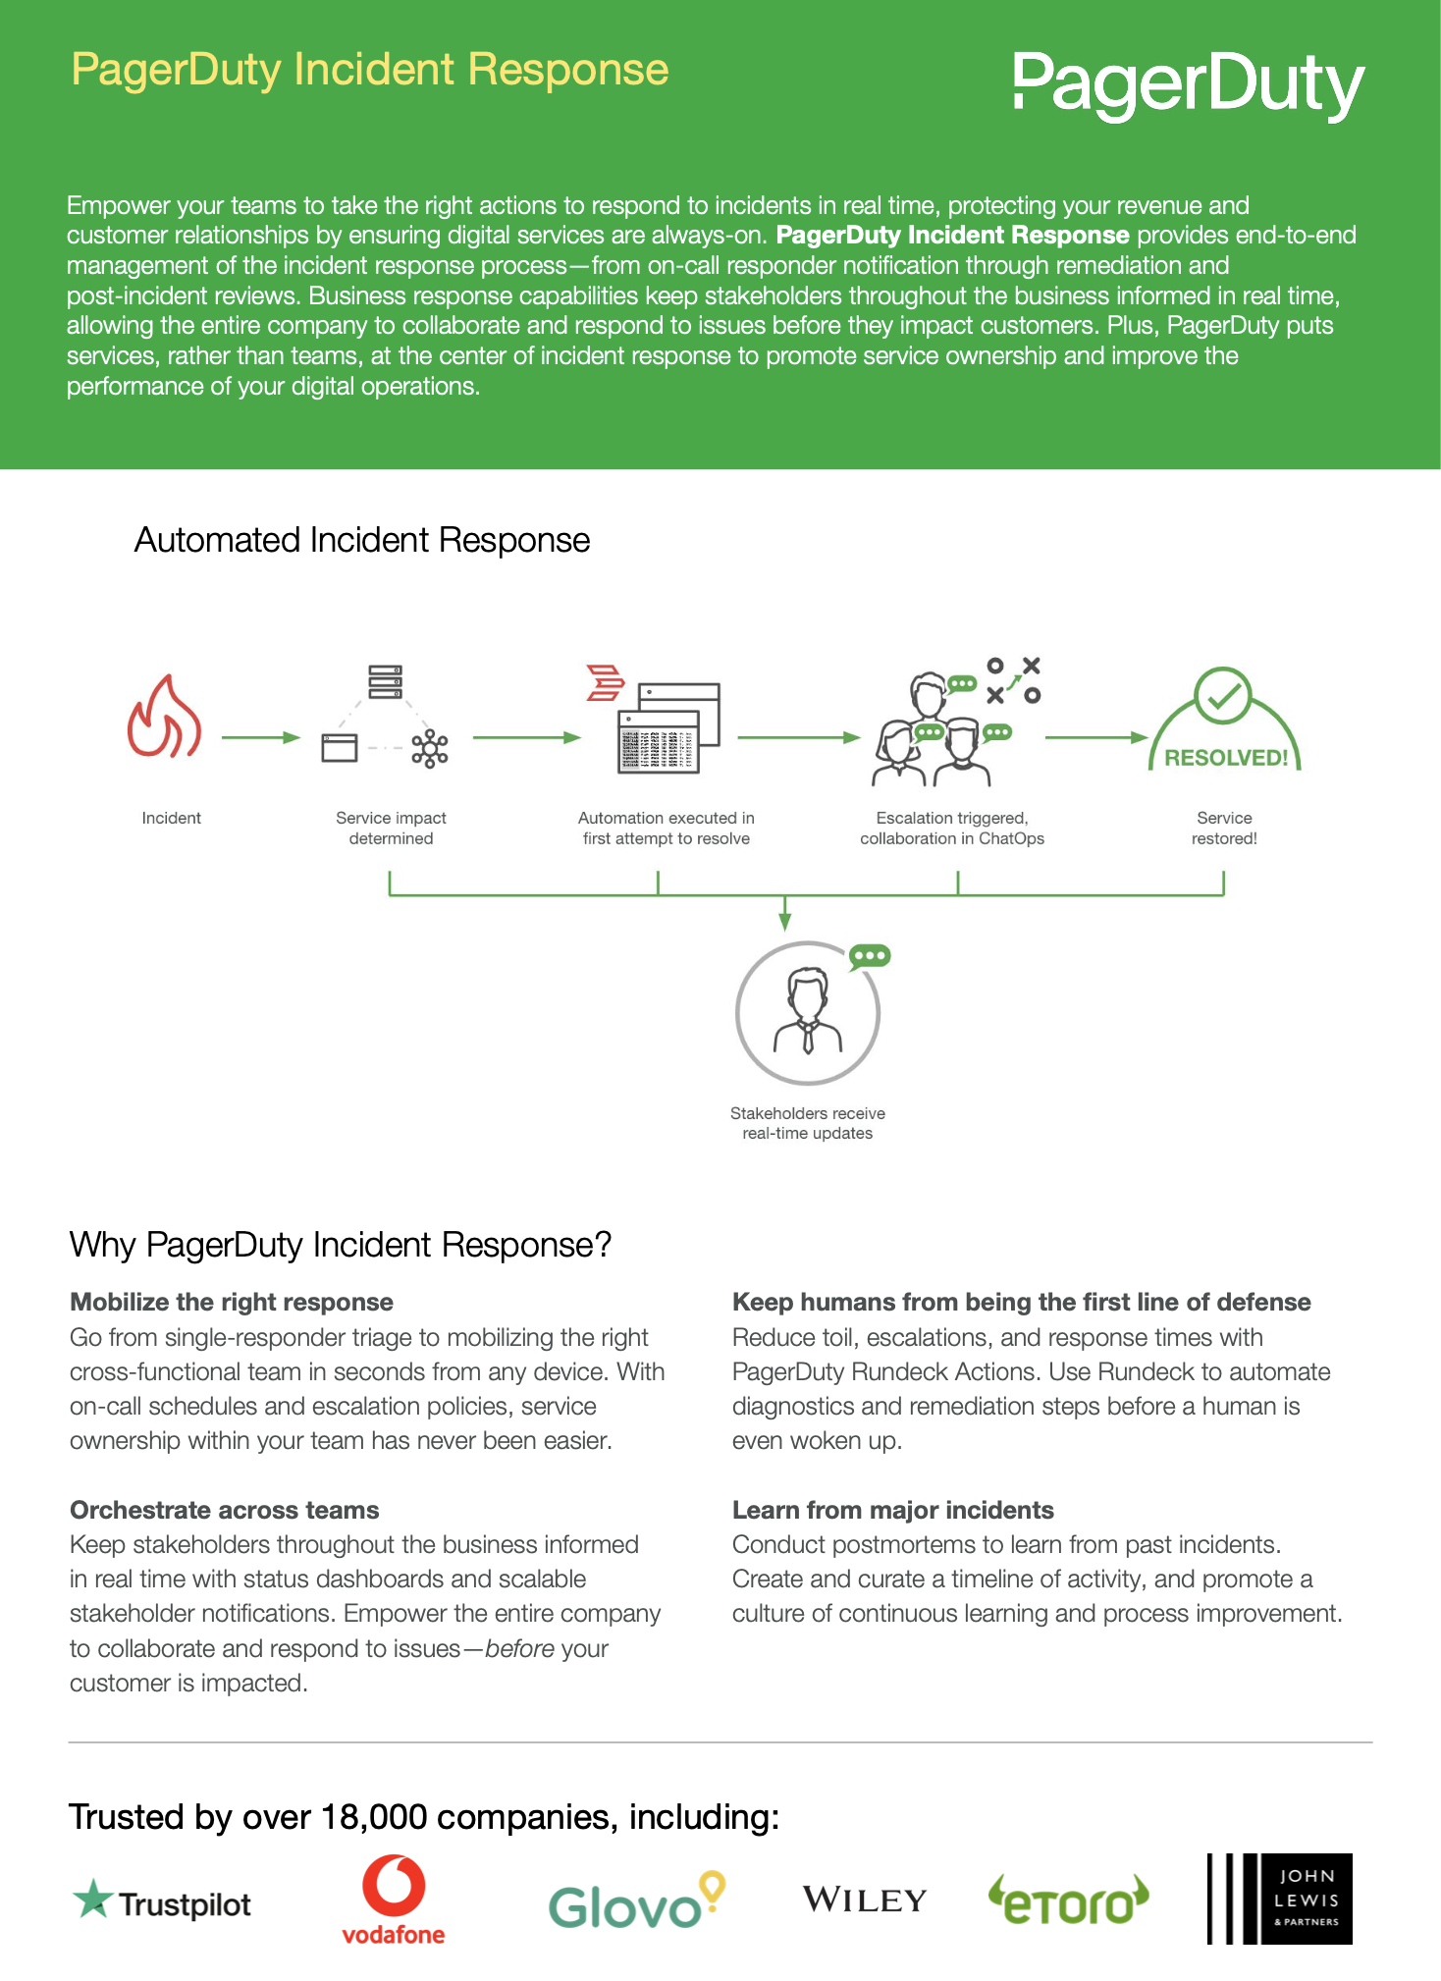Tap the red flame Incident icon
pyautogui.click(x=164, y=716)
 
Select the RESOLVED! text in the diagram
pyautogui.click(x=1226, y=758)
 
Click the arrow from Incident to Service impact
pyautogui.click(x=260, y=737)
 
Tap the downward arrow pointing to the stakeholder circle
pyautogui.click(x=784, y=913)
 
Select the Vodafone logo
pyautogui.click(x=394, y=1901)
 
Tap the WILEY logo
pyautogui.click(x=865, y=1900)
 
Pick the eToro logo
pyautogui.click(x=1068, y=1900)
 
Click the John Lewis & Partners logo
pyautogui.click(x=1280, y=1899)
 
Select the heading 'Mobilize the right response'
pyautogui.click(x=232, y=1302)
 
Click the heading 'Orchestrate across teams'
pyautogui.click(x=225, y=1510)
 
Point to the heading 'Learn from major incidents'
pyautogui.click(x=893, y=1510)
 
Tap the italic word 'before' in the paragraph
pyautogui.click(x=520, y=1648)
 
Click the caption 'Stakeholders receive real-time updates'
pyautogui.click(x=808, y=1123)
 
